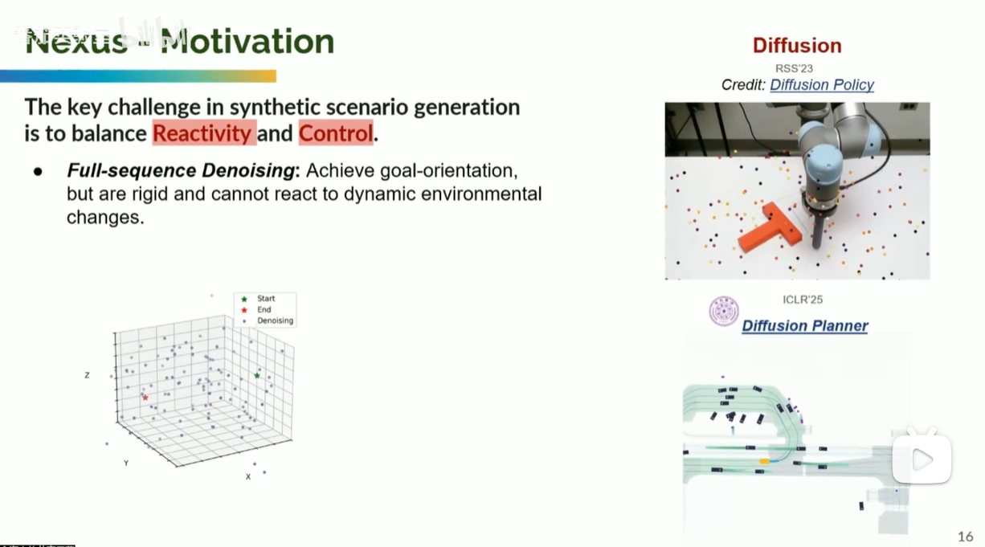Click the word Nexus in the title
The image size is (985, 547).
point(76,41)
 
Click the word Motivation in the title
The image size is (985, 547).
point(247,41)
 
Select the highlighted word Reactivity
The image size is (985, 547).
point(204,133)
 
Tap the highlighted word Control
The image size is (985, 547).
point(336,133)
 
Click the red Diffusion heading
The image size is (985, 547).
point(797,46)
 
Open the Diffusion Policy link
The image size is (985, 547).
point(821,85)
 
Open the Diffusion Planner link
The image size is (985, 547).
point(804,326)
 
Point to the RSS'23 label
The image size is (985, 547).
point(794,68)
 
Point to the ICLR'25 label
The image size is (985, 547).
point(803,300)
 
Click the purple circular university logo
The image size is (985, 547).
point(724,312)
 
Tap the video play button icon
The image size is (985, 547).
point(922,459)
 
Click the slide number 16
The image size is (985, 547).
point(965,537)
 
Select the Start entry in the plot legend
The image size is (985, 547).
point(265,299)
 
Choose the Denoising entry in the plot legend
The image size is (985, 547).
point(275,320)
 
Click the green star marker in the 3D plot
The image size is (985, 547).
point(257,375)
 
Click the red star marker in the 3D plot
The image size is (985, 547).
point(145,398)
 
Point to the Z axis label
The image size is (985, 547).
point(87,375)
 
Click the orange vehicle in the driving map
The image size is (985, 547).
point(765,461)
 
